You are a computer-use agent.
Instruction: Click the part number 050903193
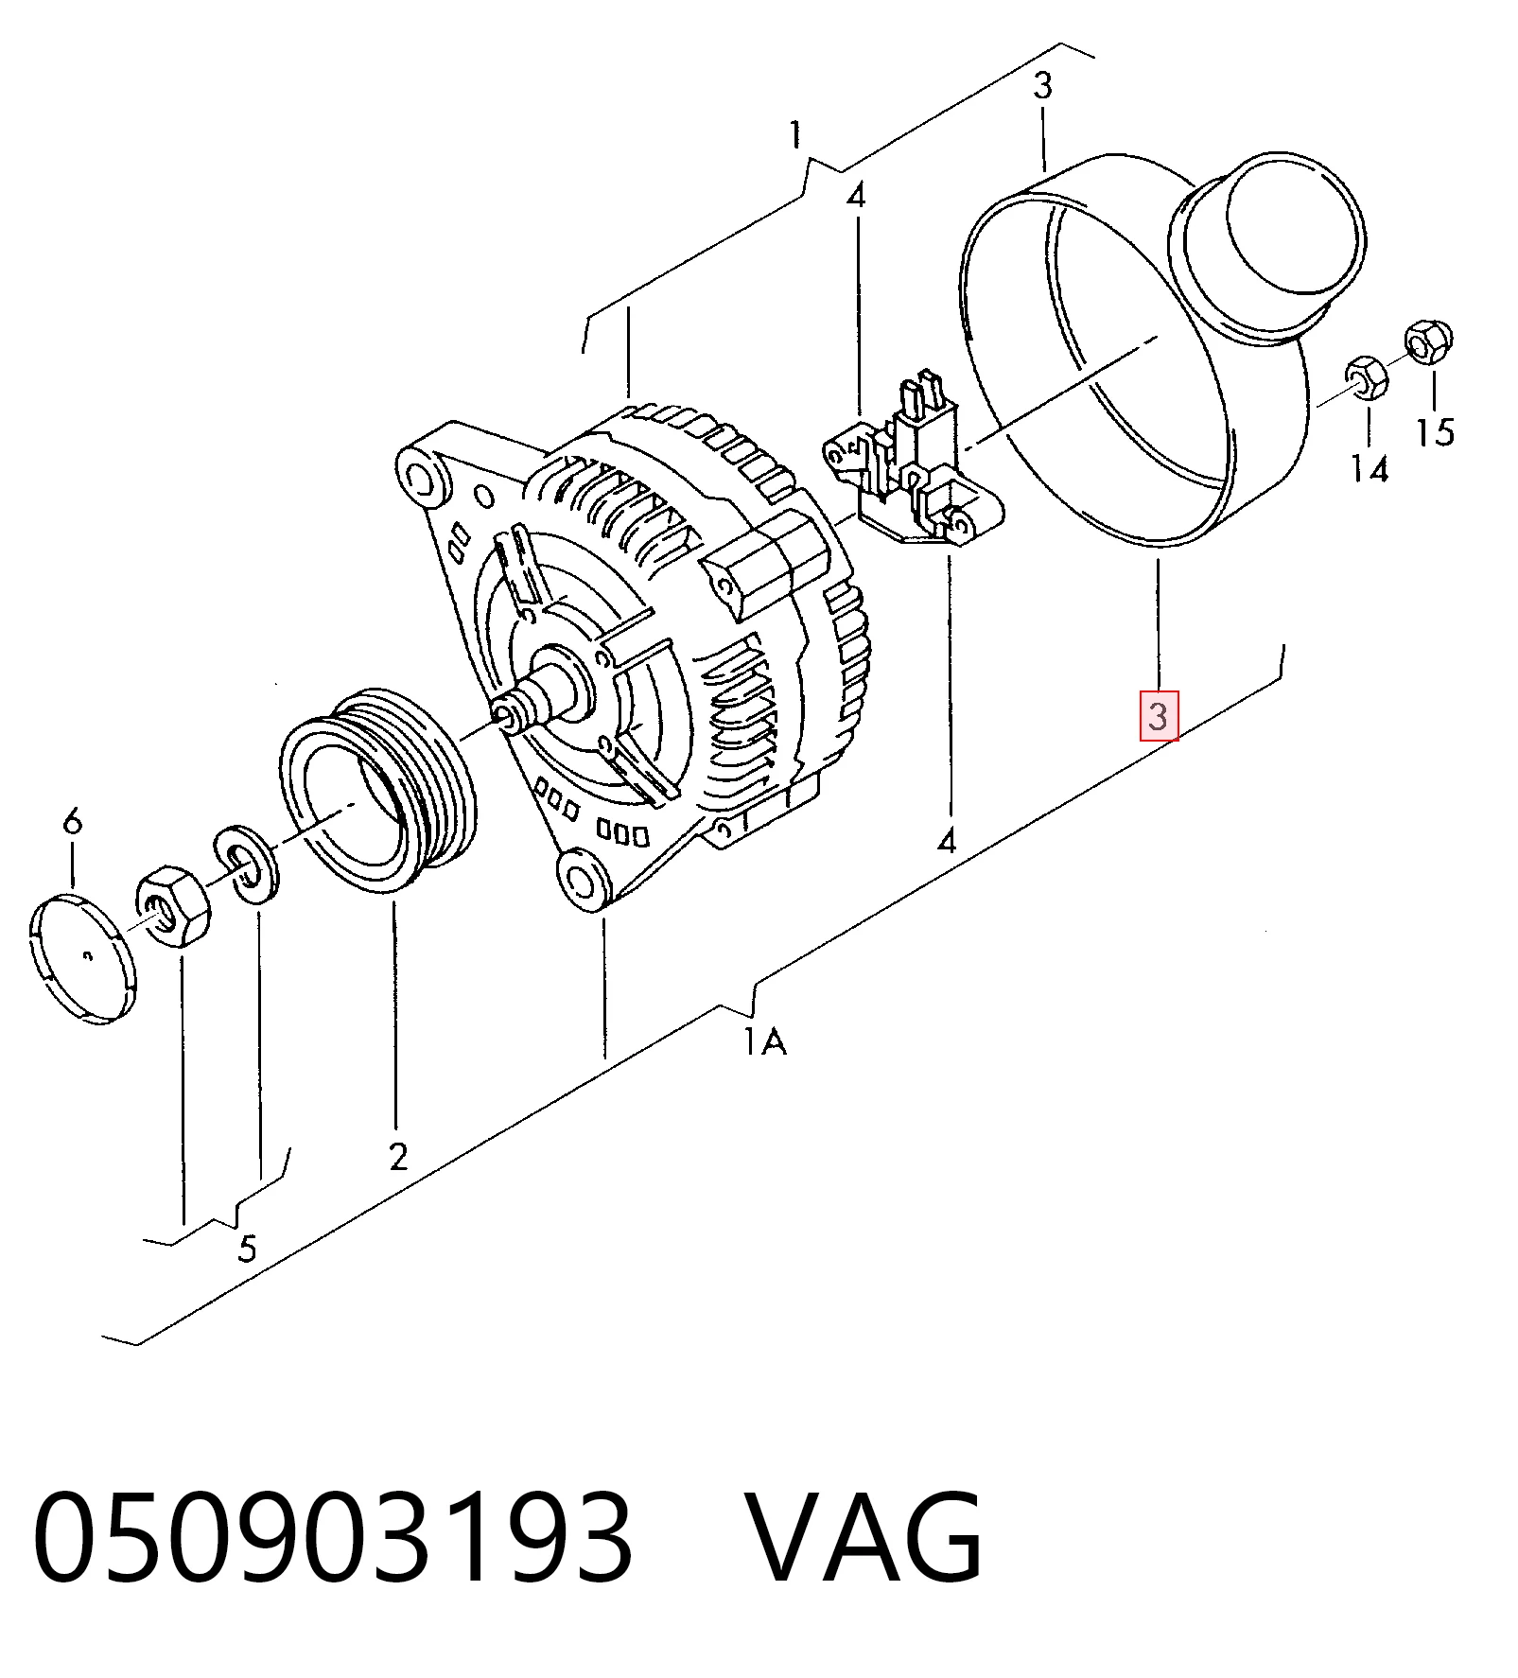(x=332, y=1536)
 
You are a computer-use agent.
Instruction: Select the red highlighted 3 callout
(x=1159, y=716)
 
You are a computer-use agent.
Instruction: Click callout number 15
(x=1435, y=431)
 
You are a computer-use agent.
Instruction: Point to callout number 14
(x=1370, y=468)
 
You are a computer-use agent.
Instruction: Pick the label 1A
(x=764, y=1042)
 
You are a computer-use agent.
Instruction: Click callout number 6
(x=73, y=820)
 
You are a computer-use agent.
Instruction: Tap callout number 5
(x=247, y=1249)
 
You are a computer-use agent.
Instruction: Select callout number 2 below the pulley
(x=398, y=1156)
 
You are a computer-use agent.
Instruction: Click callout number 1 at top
(x=796, y=134)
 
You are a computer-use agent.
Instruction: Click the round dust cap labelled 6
(x=82, y=959)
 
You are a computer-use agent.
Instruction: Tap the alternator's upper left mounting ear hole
(x=422, y=476)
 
